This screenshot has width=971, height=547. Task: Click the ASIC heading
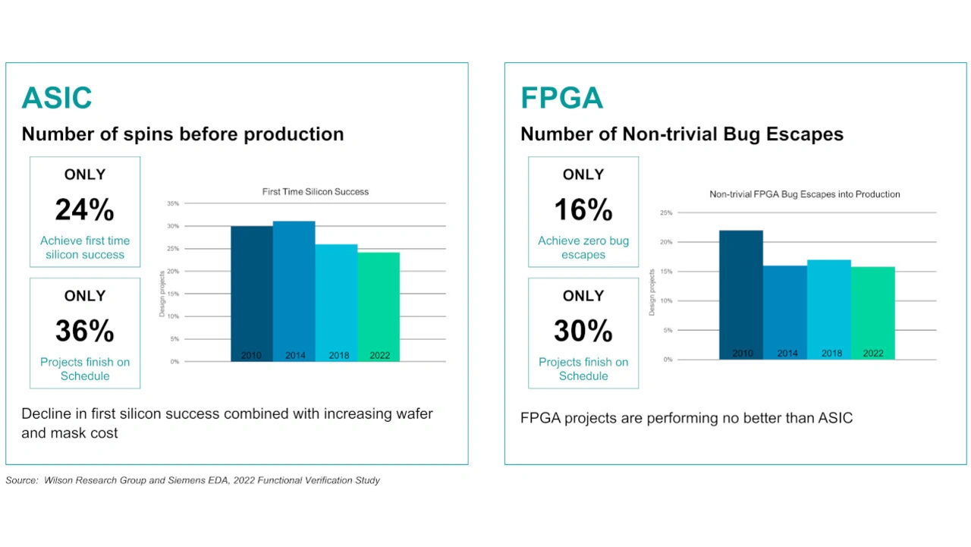tap(57, 99)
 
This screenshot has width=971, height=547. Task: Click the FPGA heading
tap(561, 99)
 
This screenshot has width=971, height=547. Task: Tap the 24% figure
tap(84, 210)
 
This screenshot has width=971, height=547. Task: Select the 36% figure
tap(84, 331)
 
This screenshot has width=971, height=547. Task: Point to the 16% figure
tap(583, 210)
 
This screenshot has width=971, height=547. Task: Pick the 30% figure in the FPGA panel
tap(583, 331)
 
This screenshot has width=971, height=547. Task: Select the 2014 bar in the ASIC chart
tap(294, 291)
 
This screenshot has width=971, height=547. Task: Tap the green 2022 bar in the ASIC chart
tap(379, 307)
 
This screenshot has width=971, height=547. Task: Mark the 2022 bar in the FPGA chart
tap(873, 313)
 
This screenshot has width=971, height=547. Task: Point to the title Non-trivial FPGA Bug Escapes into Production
tap(804, 194)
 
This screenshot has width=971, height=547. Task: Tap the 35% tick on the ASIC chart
tap(174, 203)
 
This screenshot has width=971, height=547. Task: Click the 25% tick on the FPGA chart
tap(666, 213)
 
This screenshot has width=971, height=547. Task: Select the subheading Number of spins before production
tap(183, 134)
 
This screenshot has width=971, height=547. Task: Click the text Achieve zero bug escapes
tap(583, 248)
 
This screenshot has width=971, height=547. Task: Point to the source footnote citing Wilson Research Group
tap(193, 480)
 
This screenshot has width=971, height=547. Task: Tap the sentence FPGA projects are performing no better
tap(687, 418)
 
